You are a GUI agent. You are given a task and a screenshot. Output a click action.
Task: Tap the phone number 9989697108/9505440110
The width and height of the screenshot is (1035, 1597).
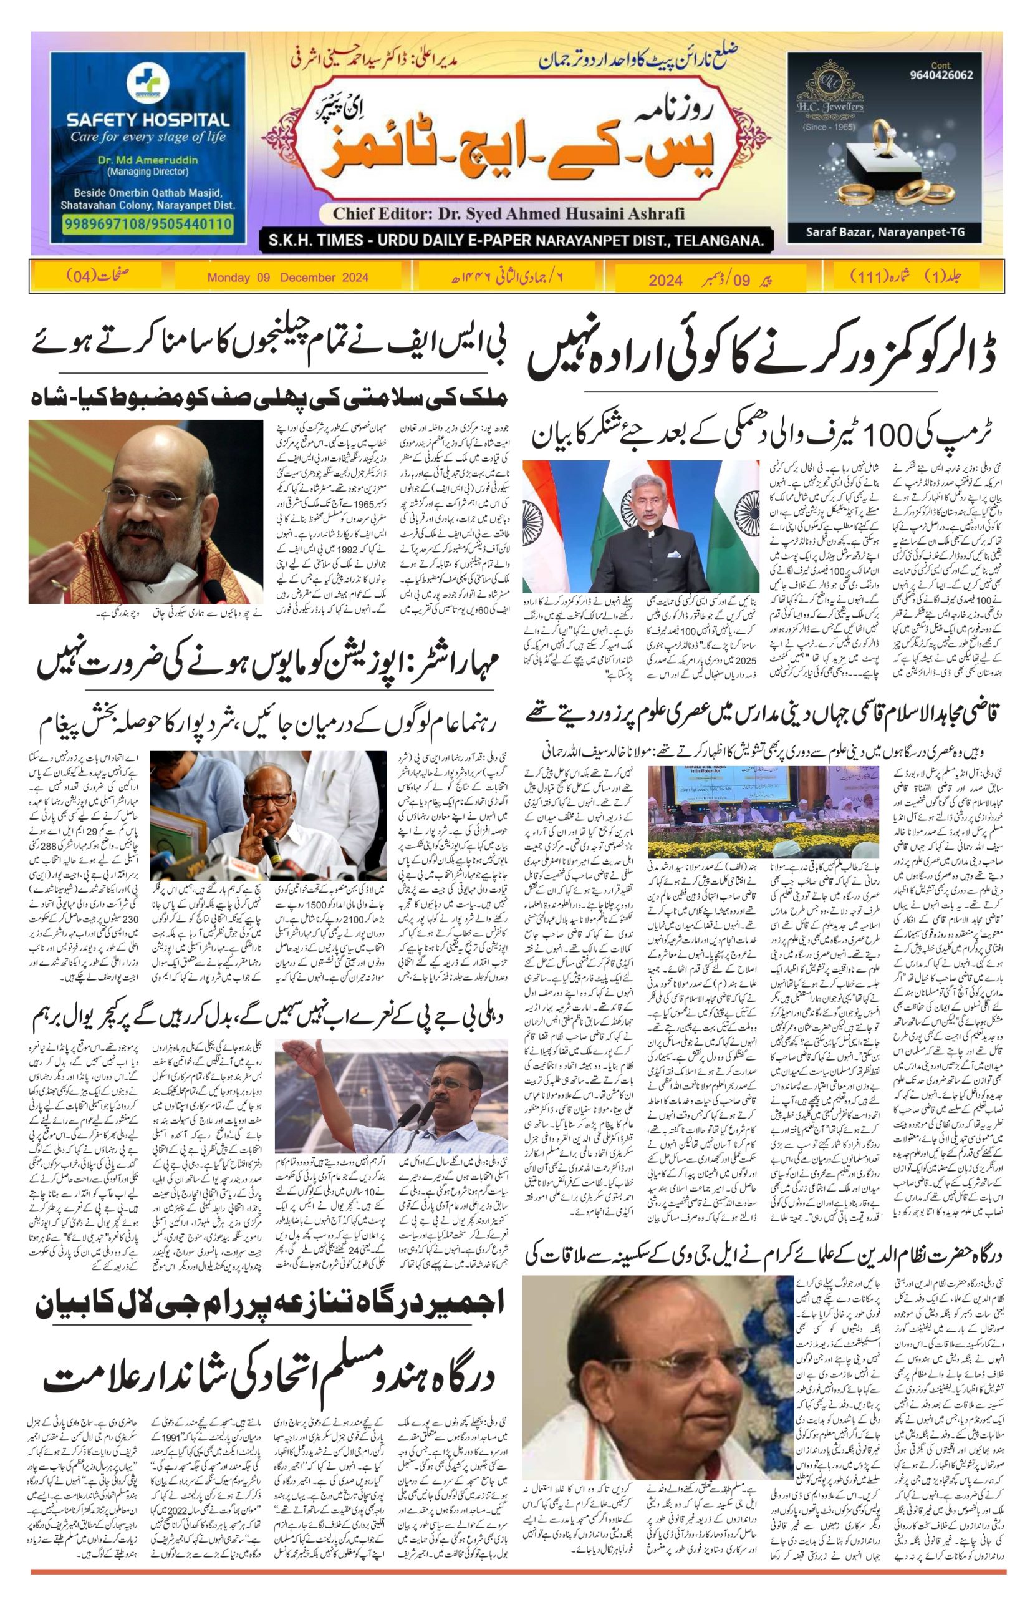point(147,223)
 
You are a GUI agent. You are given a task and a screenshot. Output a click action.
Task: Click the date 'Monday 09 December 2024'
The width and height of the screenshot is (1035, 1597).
point(288,278)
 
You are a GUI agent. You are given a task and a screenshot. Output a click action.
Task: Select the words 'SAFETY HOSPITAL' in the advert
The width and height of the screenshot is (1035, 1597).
point(147,121)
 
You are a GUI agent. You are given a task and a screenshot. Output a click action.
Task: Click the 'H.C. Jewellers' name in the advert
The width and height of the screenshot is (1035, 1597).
point(839,106)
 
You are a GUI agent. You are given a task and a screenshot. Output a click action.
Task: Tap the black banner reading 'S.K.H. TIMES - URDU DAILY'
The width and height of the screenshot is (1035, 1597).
point(516,240)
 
